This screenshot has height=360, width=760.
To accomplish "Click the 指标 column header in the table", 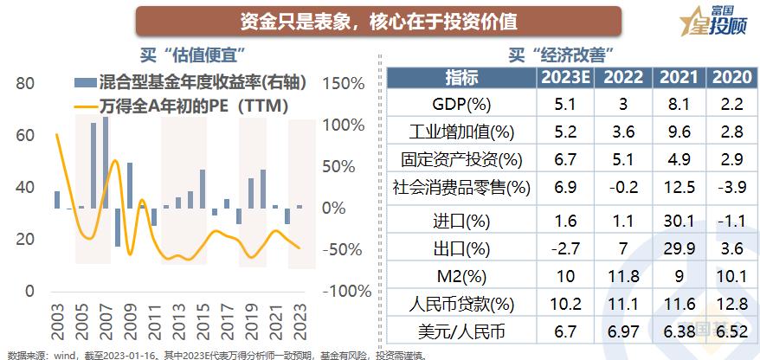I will [461, 78].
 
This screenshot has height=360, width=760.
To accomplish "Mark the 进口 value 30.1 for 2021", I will [679, 220].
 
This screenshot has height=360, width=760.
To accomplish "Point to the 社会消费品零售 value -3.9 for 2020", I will [731, 187].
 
